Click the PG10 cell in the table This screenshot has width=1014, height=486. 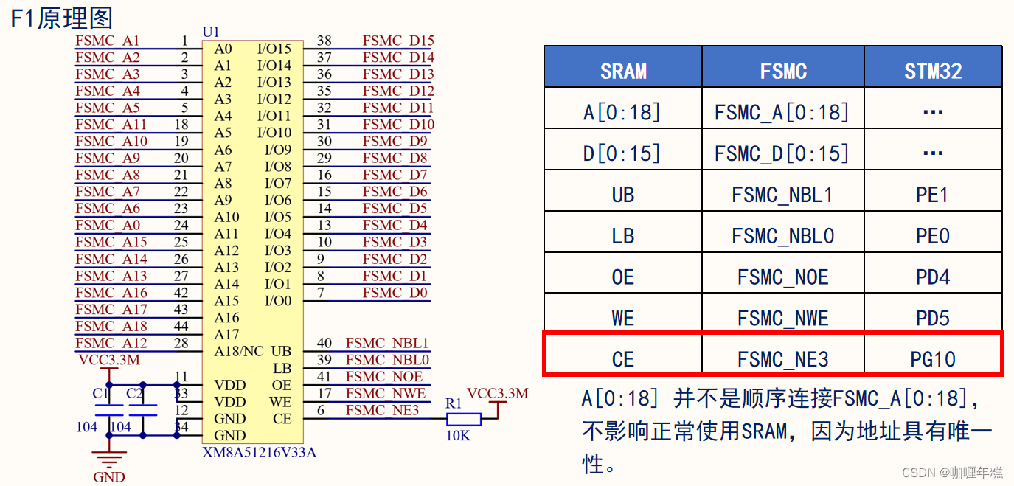[x=933, y=359]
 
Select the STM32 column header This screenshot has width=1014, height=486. [x=933, y=71]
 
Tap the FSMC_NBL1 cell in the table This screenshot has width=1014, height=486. [x=782, y=195]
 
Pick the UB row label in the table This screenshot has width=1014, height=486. [x=622, y=195]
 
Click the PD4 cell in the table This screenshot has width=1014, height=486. [x=933, y=277]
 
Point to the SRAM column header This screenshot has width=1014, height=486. [x=623, y=71]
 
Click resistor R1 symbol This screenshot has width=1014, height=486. [x=464, y=420]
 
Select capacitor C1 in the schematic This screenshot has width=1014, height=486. [x=108, y=410]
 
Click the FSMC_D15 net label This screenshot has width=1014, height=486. [x=398, y=41]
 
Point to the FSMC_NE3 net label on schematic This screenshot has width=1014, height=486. [x=382, y=410]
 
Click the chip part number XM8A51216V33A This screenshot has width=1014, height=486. [x=259, y=452]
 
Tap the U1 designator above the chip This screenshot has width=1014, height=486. [x=211, y=32]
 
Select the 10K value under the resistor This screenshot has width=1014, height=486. [x=458, y=435]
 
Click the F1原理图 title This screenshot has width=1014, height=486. [x=61, y=18]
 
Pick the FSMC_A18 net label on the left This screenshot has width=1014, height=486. [x=111, y=326]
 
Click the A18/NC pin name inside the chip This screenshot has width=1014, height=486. [x=238, y=351]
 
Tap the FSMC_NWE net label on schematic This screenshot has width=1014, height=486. [x=386, y=393]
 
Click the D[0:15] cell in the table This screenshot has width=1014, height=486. [x=622, y=153]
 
